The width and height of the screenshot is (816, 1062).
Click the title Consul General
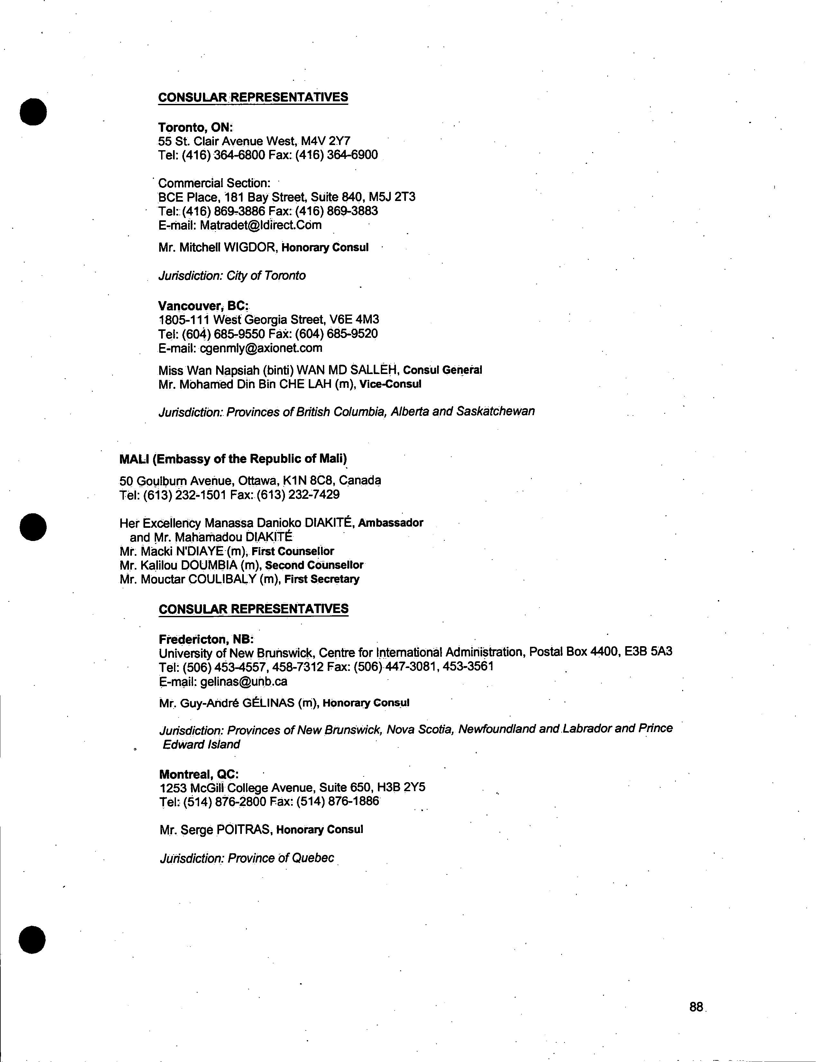point(443,370)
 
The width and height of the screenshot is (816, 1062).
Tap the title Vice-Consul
point(390,384)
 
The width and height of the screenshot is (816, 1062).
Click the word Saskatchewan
point(495,411)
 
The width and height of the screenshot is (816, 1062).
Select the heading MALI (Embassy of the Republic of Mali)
point(233,458)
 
